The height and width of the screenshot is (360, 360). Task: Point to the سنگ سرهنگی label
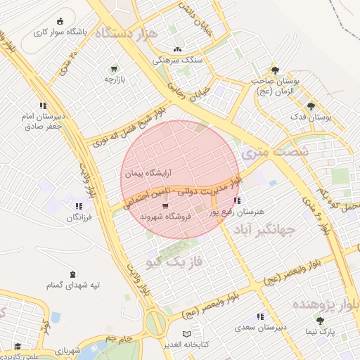pos(176,60)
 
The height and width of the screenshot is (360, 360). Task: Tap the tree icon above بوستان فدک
pos(311,106)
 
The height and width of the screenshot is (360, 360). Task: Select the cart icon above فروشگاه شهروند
pos(165,206)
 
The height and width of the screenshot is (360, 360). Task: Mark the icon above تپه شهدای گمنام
pos(72,274)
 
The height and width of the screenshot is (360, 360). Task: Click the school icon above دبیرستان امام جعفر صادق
pos(44,105)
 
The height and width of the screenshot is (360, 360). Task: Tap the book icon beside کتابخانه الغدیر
pos(186,333)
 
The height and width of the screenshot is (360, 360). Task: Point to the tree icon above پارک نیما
pos(320,321)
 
